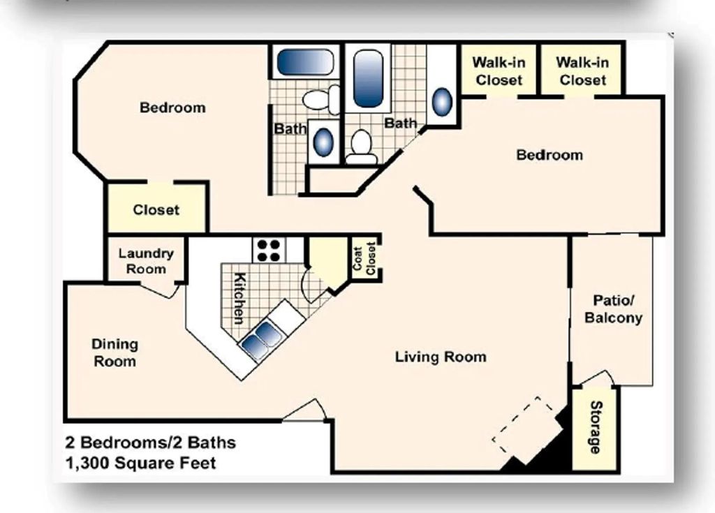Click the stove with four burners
click(x=269, y=250)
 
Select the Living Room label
click(x=441, y=357)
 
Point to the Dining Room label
click(x=115, y=352)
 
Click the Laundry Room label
click(x=146, y=261)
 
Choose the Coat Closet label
click(x=364, y=258)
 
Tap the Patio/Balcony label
click(x=613, y=309)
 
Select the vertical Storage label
click(x=596, y=427)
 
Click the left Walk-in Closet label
click(x=499, y=71)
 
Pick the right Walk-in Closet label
click(x=582, y=71)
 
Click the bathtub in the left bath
click(x=305, y=62)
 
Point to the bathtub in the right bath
click(x=368, y=77)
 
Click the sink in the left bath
click(x=323, y=142)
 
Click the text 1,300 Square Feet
click(x=141, y=462)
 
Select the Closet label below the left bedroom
click(x=156, y=210)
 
